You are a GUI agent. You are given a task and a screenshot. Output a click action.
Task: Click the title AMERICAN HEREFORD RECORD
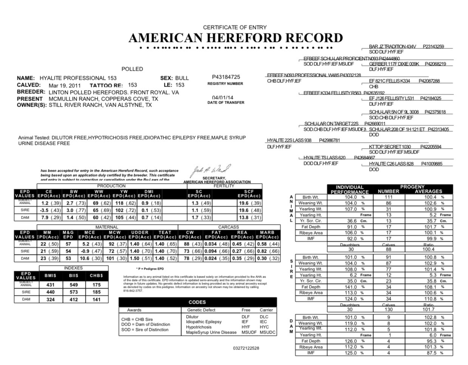pyautogui.click(x=236, y=38)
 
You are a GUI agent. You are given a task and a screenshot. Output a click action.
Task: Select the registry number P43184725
pyautogui.click(x=226, y=77)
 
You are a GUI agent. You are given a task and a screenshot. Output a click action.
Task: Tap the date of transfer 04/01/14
pyautogui.click(x=223, y=98)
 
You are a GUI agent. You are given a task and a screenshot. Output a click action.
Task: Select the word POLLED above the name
pyautogui.click(x=132, y=69)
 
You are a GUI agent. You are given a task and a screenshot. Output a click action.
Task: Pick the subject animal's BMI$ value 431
pyautogui.click(x=50, y=285)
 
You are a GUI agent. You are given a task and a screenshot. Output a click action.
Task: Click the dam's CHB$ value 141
pyautogui.click(x=96, y=300)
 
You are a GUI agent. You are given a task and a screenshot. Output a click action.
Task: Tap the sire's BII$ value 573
pyautogui.click(x=74, y=292)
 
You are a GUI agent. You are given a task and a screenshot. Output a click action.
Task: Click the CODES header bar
pyautogui.click(x=197, y=302)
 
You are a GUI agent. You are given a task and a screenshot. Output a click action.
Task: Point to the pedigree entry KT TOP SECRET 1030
pyautogui.click(x=390, y=147)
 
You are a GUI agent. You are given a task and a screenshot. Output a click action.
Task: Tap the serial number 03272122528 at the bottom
pyautogui.click(x=246, y=348)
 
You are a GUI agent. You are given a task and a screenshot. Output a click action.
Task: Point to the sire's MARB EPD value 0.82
pyautogui.click(x=262, y=251)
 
